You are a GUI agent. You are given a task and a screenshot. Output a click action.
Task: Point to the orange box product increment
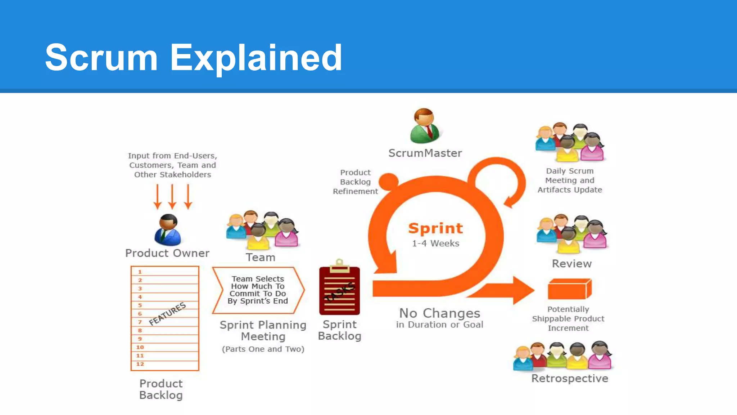[569, 289]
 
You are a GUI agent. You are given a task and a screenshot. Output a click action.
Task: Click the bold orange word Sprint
[435, 228]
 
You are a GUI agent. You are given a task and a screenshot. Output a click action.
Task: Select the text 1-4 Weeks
[435, 244]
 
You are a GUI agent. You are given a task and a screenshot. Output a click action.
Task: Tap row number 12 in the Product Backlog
[140, 364]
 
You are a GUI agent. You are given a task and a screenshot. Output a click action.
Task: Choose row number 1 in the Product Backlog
[140, 272]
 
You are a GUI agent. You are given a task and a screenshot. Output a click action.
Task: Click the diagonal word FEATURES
[167, 313]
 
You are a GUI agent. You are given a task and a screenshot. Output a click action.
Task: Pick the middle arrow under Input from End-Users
[172, 197]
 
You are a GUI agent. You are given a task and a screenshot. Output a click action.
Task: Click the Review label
[571, 264]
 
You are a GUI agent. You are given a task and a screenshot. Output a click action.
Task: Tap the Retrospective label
[570, 379]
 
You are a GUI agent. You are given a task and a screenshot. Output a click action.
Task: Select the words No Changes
[439, 313]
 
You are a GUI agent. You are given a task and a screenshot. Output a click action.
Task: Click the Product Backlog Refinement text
[355, 182]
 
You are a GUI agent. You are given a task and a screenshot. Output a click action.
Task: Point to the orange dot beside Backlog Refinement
[389, 181]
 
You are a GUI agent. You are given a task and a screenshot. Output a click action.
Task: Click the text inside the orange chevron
[258, 290]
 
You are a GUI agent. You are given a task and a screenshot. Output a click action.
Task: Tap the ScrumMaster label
[425, 153]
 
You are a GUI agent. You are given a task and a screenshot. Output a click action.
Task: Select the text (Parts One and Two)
[263, 349]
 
